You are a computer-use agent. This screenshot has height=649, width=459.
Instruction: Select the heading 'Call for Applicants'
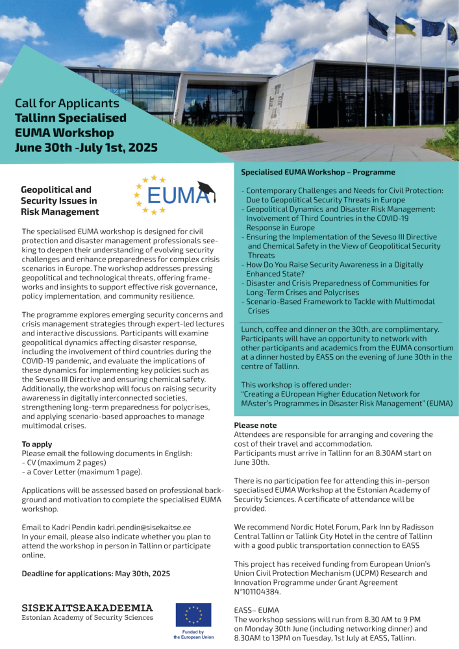pos(68,103)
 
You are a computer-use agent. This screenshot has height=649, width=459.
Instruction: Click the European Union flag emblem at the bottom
pos(193,615)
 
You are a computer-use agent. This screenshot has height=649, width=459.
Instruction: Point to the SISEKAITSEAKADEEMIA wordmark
pos(88,607)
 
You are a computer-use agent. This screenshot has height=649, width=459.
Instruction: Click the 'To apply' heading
pos(38,444)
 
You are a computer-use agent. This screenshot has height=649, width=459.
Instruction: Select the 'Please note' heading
pos(255,425)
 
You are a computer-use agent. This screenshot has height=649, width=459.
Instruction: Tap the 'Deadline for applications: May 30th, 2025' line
pos(95,574)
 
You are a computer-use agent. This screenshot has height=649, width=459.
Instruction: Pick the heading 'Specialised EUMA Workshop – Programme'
pos(318,173)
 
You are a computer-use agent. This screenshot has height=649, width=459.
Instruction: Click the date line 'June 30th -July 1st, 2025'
pos(86,147)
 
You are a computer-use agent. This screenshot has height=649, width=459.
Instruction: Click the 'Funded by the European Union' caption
pos(193,635)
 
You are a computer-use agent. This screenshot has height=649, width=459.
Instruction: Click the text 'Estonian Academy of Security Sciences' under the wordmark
pos(88,617)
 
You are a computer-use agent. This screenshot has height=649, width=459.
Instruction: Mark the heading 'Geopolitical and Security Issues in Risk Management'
pos(60,201)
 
